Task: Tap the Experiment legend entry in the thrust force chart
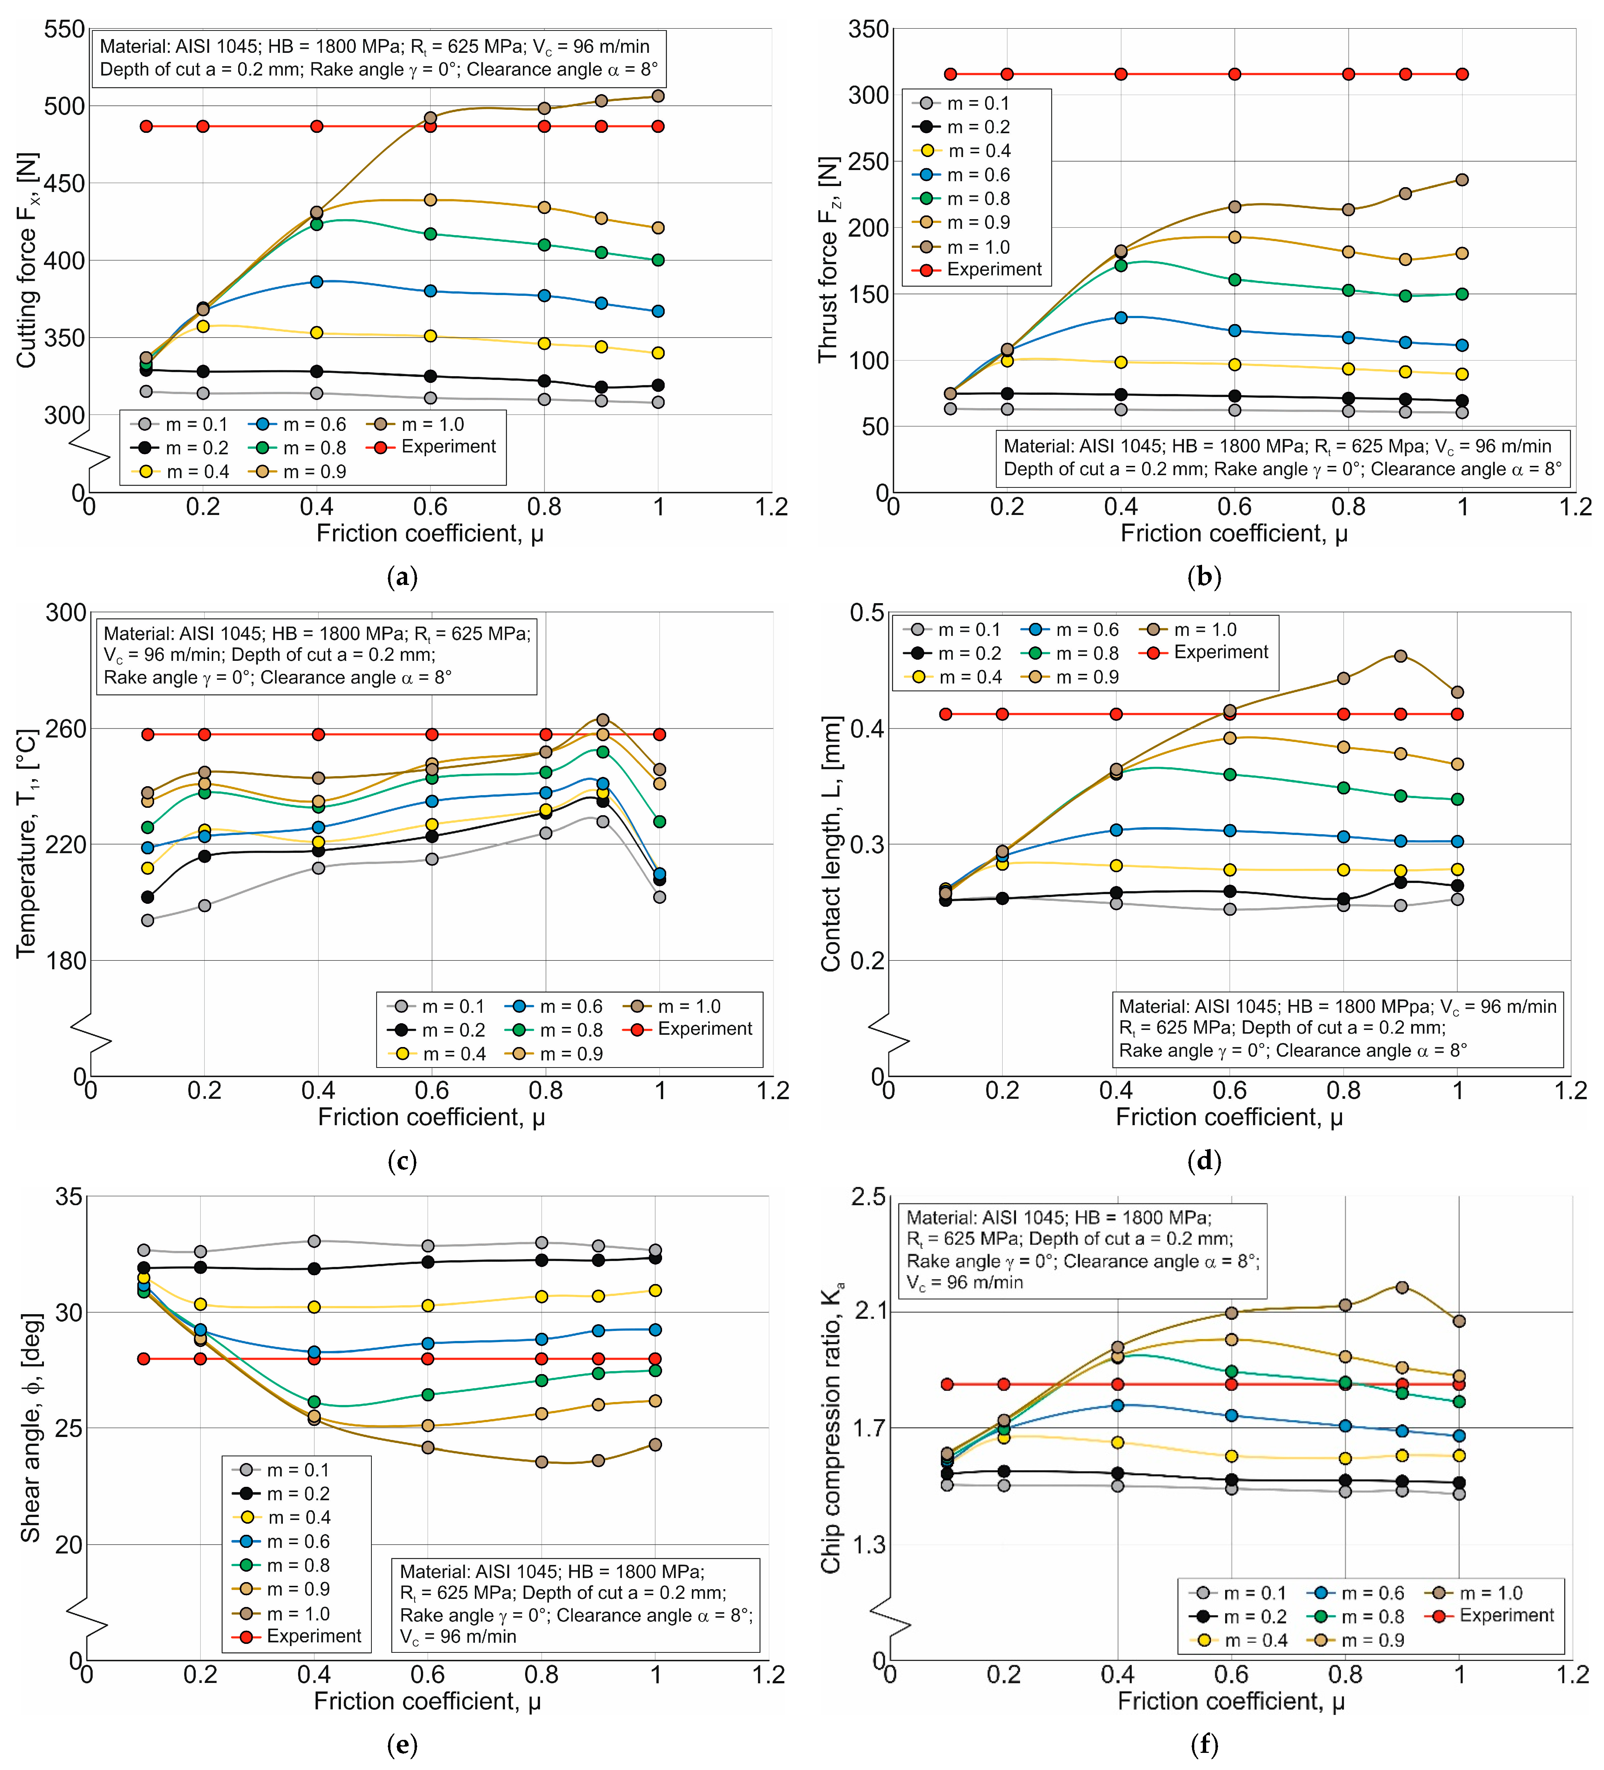point(993,269)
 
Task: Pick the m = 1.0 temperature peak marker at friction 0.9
point(602,720)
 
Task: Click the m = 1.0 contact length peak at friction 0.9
point(1400,656)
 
